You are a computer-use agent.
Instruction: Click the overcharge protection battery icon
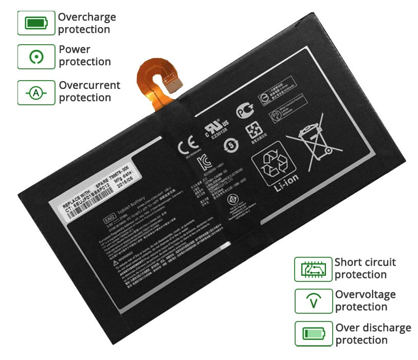coord(36,23)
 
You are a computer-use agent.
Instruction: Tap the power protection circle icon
coord(36,56)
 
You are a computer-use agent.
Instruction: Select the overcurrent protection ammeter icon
coord(36,93)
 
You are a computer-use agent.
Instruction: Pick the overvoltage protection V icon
coord(313,301)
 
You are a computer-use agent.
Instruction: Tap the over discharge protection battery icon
coord(313,334)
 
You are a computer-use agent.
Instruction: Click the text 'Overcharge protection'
coord(86,23)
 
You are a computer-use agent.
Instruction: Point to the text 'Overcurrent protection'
coord(89,91)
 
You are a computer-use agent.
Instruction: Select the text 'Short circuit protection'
coord(365,269)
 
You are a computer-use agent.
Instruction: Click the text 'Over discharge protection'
coord(373,334)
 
